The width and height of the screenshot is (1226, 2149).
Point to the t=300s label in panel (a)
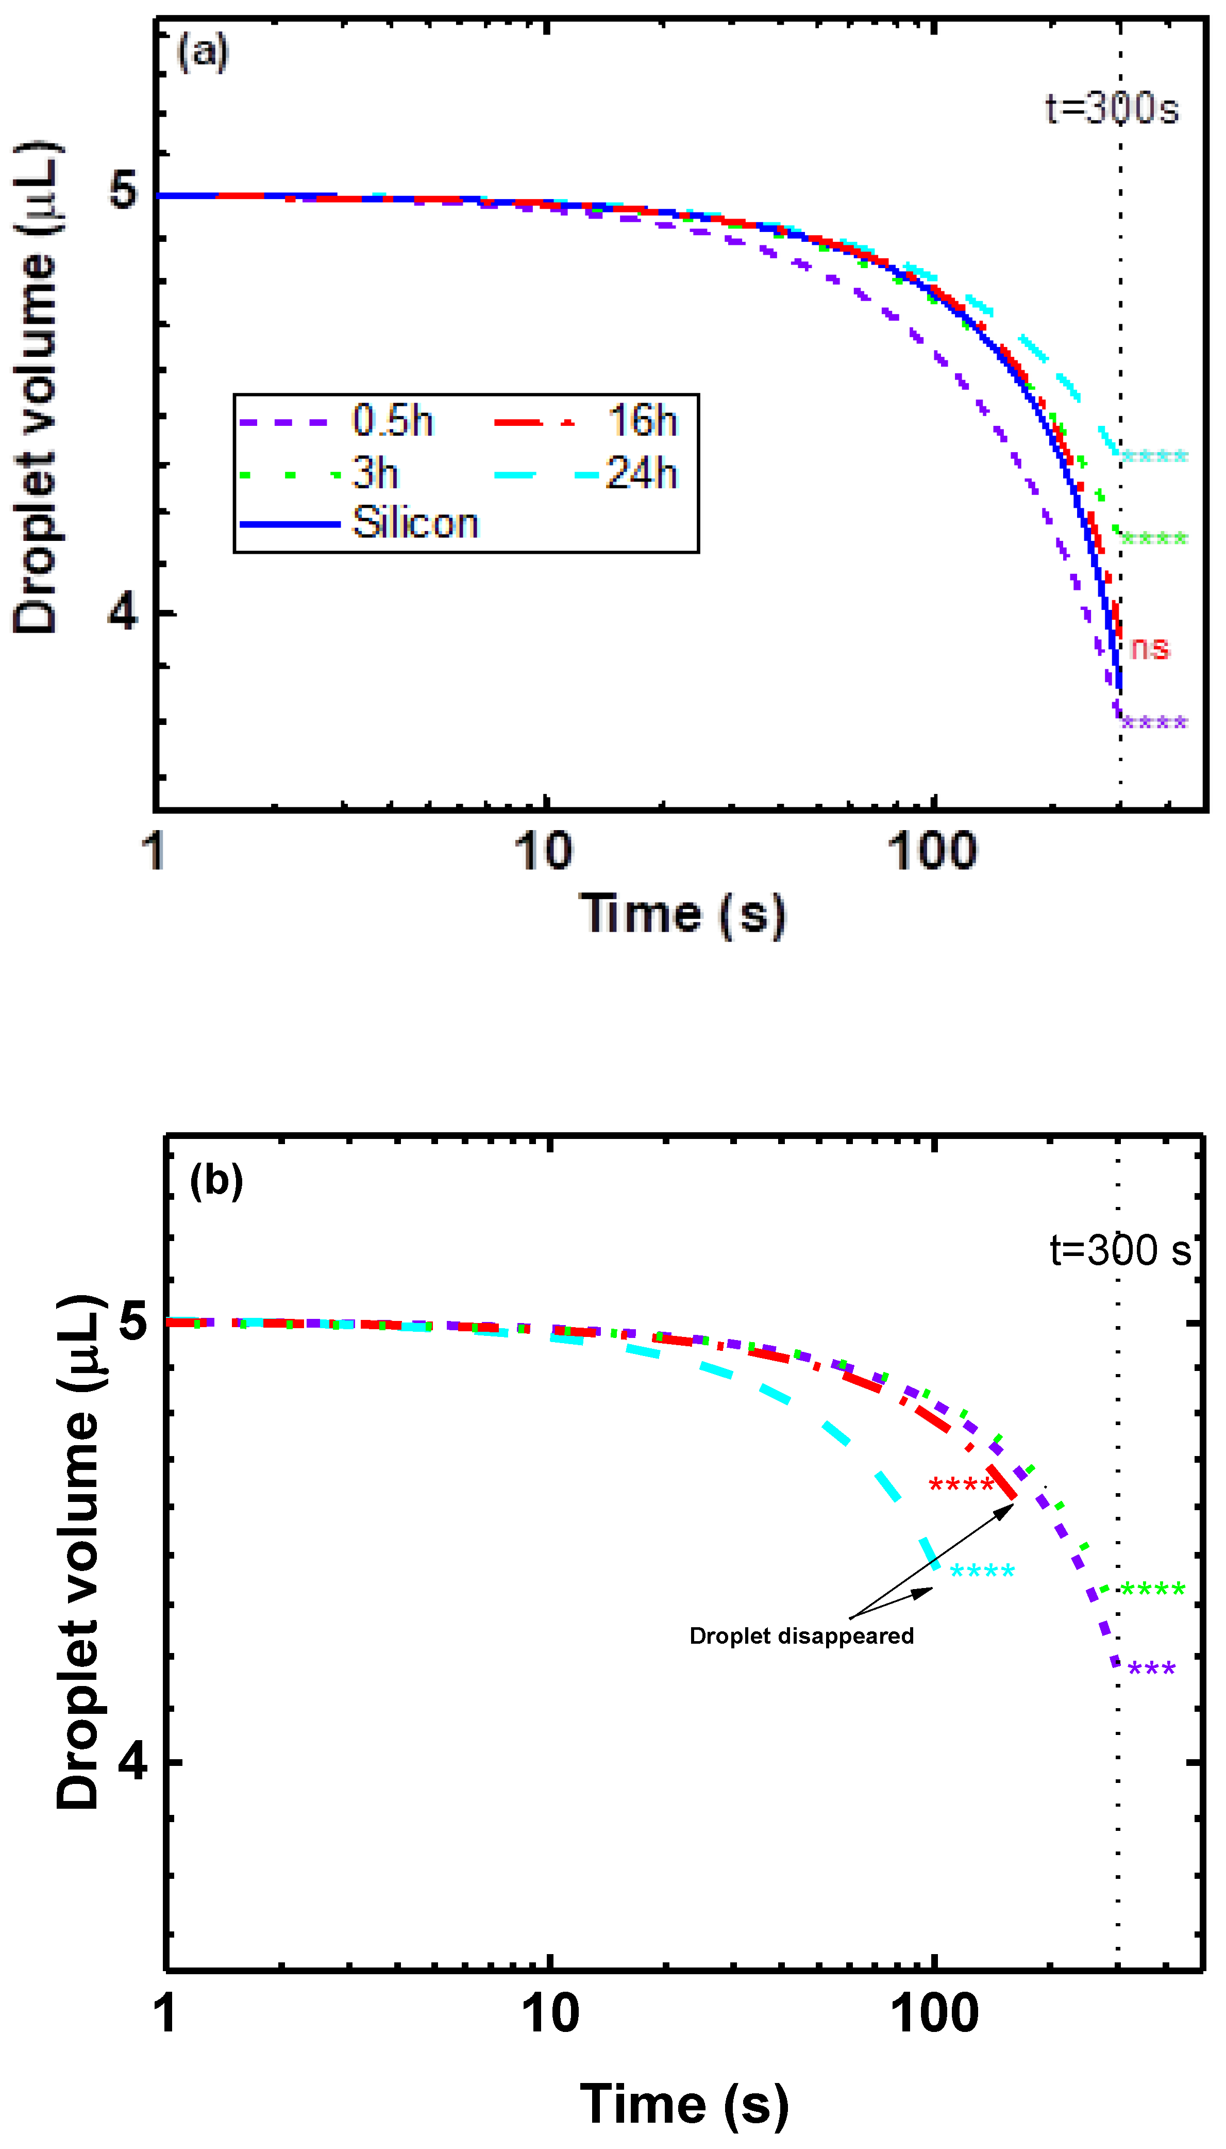[1112, 109]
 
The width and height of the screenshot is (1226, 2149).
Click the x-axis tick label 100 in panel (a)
[932, 851]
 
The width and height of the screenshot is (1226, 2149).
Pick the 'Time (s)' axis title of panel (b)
[684, 2104]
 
